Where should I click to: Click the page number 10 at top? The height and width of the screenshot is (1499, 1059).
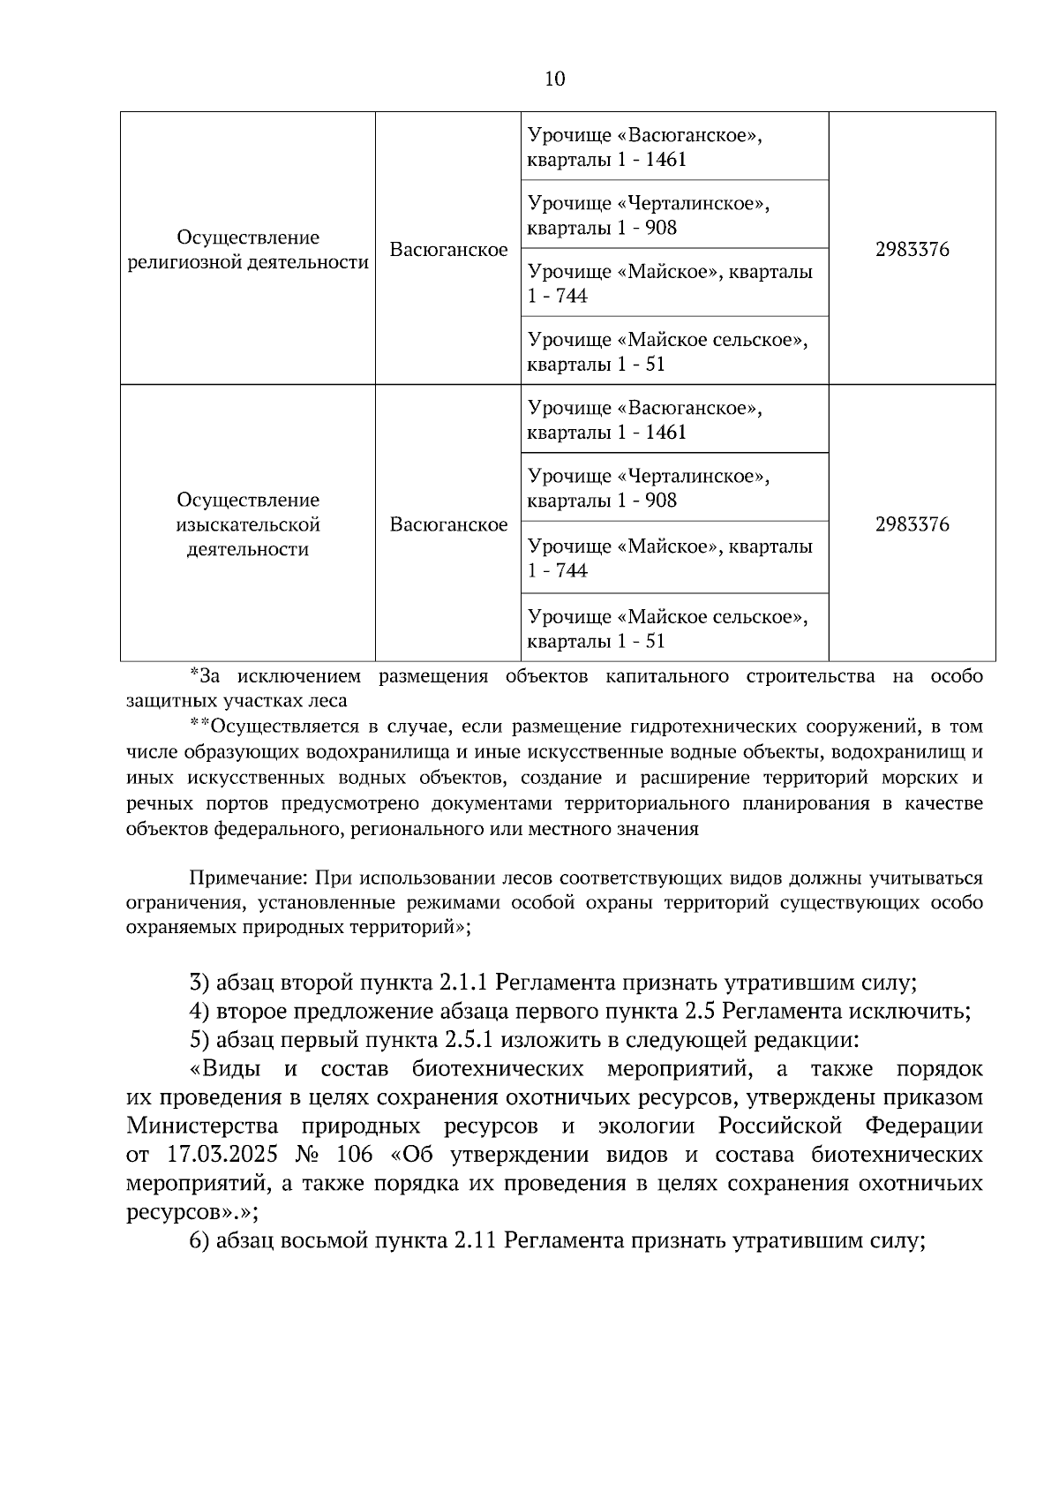coord(554,79)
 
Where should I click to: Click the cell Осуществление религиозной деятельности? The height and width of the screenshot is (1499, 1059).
coord(247,250)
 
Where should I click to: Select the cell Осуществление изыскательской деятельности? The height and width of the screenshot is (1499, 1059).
coord(247,524)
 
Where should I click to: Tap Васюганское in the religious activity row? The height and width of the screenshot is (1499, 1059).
coord(448,250)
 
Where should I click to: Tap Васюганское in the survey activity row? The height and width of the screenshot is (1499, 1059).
coord(448,524)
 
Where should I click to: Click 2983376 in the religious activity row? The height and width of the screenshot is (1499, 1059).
coord(912,250)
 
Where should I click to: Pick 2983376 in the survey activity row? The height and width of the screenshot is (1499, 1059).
coord(912,524)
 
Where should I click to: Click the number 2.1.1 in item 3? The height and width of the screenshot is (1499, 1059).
coord(463,983)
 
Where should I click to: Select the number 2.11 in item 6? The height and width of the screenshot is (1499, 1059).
coord(477,1240)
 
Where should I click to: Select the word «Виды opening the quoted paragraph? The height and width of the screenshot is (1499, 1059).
coord(226,1069)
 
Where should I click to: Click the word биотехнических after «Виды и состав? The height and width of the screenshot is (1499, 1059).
coord(498,1069)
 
